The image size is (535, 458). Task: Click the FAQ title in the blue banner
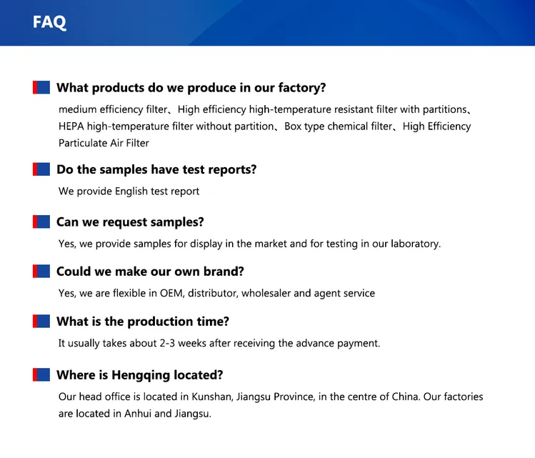pos(49,22)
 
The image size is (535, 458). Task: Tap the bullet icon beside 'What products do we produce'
pos(41,87)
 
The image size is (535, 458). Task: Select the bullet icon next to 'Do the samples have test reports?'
pos(41,169)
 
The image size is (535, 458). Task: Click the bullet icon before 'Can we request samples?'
pos(41,221)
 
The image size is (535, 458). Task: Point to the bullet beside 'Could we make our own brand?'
pos(41,272)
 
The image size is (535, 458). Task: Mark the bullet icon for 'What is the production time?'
pos(41,321)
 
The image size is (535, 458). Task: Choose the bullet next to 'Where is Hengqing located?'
pos(41,374)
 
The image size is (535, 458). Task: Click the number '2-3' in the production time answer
pos(167,344)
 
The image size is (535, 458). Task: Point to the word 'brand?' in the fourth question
pos(224,272)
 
